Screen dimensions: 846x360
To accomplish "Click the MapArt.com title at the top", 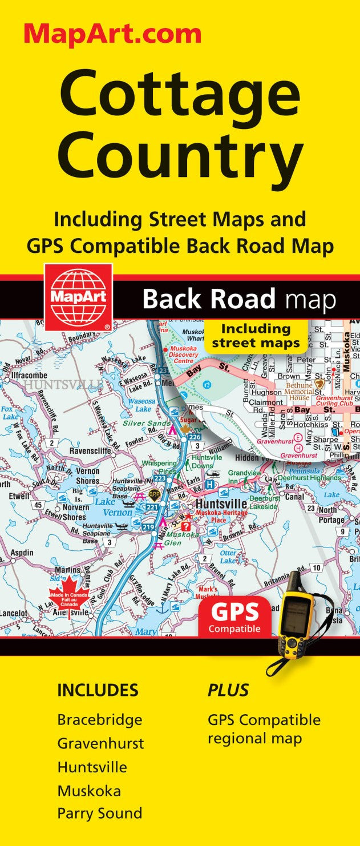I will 112,34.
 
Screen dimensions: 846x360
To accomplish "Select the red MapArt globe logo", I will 78,297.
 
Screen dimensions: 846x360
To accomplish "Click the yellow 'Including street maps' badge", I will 256,336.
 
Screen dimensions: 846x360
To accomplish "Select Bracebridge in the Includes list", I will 99,720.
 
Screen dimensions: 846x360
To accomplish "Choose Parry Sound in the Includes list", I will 99,813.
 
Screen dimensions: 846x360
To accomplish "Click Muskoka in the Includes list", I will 88,791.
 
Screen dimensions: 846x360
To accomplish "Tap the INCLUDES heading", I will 98,690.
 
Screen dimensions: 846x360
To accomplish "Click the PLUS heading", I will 228,690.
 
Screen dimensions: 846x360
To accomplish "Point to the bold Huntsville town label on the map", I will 221,505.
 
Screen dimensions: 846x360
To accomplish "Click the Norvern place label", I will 75,507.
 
